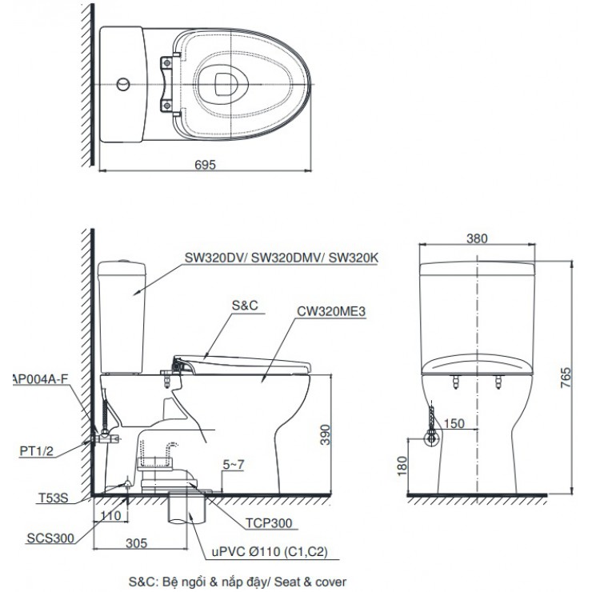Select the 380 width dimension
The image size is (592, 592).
tap(478, 238)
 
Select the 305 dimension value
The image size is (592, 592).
tap(138, 543)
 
